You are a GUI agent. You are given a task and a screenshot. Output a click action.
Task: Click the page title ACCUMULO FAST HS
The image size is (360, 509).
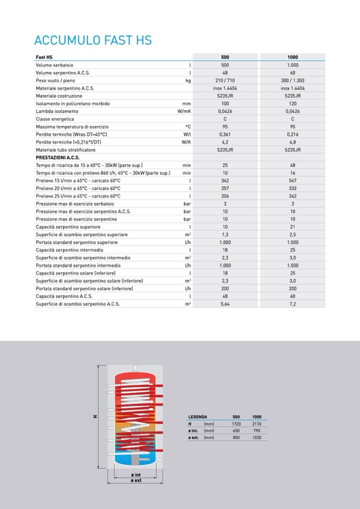point(93,41)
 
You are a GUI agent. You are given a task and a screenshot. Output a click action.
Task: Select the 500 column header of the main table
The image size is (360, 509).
point(225,57)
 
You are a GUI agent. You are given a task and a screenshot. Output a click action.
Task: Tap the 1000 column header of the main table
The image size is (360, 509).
point(293,57)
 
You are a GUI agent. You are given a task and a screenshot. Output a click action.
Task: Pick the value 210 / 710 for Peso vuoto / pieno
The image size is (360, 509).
point(225,81)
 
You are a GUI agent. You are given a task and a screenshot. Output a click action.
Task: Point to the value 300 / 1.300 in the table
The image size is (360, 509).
point(293,81)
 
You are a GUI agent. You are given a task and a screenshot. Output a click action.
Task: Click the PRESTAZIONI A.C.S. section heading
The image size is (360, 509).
point(58,158)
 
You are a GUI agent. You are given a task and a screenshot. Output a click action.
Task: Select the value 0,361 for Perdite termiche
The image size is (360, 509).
point(225,135)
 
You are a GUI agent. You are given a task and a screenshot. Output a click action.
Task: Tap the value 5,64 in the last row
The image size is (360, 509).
point(225,304)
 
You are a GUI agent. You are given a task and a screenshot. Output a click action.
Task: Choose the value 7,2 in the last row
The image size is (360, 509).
point(293,304)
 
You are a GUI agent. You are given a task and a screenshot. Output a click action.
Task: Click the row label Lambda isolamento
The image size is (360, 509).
point(57,111)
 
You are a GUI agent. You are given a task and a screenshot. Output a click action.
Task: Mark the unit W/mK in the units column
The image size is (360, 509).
point(184,111)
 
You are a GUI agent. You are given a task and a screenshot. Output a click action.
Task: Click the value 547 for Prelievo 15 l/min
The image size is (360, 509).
point(293,181)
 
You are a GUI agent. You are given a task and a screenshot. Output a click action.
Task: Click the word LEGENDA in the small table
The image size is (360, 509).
point(198,417)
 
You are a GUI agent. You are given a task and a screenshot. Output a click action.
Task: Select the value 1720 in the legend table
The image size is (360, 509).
point(237,424)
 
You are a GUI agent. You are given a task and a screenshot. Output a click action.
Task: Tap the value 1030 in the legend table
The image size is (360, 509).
point(257,438)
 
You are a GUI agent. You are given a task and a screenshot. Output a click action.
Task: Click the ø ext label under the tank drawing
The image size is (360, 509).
point(136,480)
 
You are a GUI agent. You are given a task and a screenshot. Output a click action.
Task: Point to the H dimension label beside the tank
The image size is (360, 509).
point(96,417)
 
